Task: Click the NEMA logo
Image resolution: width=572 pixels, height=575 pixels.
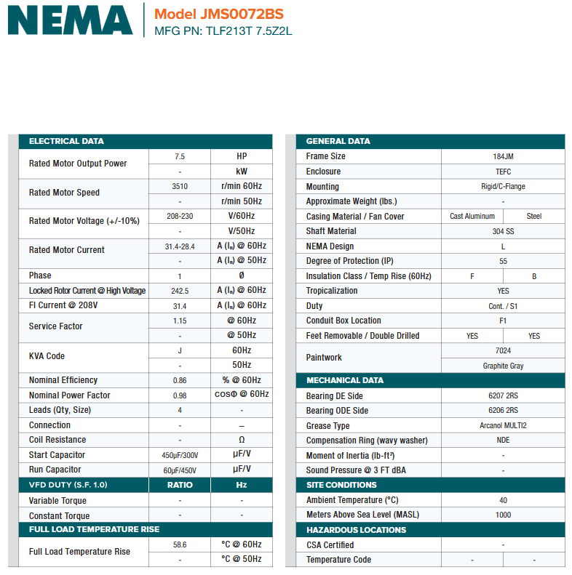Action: [70, 20]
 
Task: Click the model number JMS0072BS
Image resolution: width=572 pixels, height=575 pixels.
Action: [219, 14]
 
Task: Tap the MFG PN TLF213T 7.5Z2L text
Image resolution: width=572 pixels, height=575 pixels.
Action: [223, 31]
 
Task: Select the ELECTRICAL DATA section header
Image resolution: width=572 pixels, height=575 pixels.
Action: [66, 141]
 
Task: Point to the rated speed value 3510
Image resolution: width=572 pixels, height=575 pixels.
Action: [180, 186]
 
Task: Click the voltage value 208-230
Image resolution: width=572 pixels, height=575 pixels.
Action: [180, 216]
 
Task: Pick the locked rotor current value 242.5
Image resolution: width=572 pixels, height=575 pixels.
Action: [180, 291]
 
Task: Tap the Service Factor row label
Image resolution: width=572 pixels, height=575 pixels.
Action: [56, 326]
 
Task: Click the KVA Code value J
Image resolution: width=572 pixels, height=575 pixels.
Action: [180, 350]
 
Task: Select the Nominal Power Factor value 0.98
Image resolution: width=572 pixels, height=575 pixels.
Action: [180, 395]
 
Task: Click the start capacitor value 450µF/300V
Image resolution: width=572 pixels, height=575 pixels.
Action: [180, 455]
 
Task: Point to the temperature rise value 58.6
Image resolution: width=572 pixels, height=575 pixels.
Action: [180, 544]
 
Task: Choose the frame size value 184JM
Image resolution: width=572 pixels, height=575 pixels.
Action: [503, 156]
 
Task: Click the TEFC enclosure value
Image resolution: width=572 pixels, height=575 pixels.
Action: [503, 172]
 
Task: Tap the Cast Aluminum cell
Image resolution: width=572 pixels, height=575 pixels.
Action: [472, 216]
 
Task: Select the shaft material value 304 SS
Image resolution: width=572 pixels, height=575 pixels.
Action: [503, 231]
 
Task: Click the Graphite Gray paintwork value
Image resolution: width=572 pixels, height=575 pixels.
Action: [503, 366]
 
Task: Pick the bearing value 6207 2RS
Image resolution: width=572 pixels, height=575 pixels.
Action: [503, 396]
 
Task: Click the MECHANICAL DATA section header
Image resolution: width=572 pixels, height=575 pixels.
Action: [345, 380]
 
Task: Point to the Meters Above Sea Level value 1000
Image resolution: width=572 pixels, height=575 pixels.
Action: [503, 515]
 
